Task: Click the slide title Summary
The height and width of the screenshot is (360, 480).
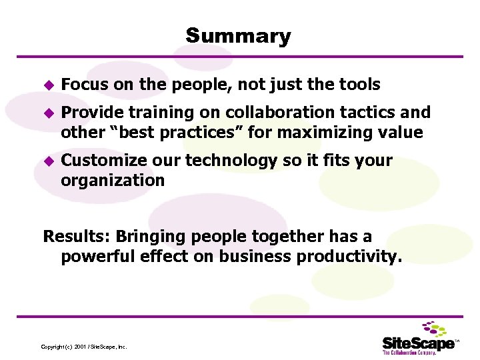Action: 238,36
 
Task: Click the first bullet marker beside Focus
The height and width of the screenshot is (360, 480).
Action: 47,85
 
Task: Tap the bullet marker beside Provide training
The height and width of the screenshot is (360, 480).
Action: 47,113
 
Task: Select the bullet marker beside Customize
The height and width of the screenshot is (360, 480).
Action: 47,161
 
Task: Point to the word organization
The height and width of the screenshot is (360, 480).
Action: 112,181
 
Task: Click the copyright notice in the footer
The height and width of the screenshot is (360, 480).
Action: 84,347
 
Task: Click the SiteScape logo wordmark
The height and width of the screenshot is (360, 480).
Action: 418,343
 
